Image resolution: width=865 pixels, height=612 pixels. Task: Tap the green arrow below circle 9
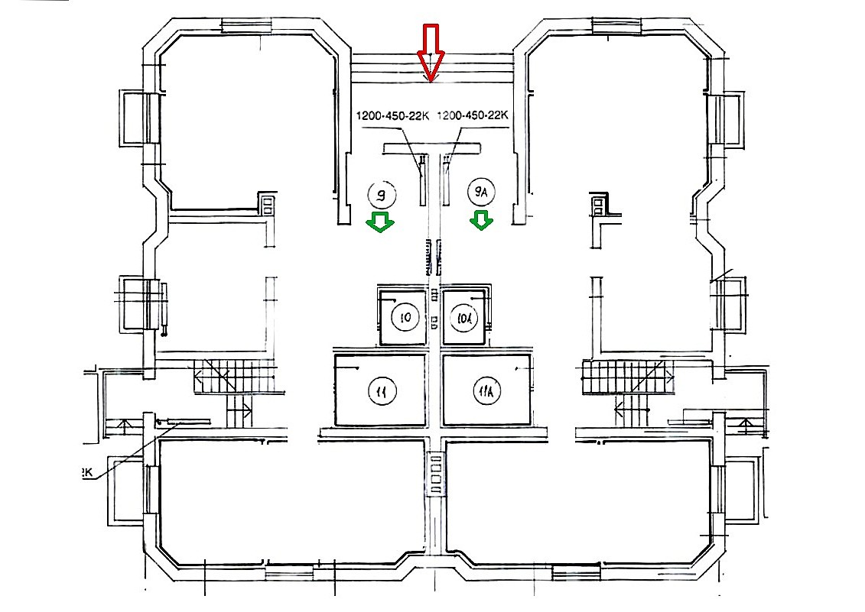click(x=379, y=222)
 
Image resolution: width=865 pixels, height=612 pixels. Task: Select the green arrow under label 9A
click(x=480, y=221)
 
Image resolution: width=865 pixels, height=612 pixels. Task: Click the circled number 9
click(x=382, y=195)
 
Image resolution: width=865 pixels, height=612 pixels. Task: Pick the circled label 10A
click(x=465, y=316)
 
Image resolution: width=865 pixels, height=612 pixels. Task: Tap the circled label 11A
click(x=487, y=392)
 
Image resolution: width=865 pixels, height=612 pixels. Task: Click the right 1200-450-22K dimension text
click(x=473, y=116)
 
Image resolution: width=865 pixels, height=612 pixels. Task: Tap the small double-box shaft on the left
click(x=268, y=204)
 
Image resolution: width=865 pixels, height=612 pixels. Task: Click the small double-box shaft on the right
click(x=598, y=204)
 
